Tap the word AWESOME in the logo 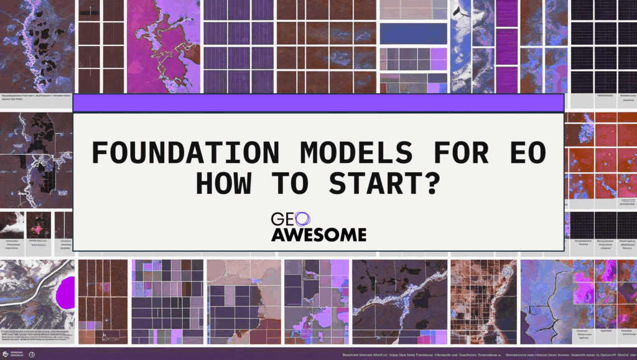tap(318, 234)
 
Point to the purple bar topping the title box tap(318, 103)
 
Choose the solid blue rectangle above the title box tap(413, 34)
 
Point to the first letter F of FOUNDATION tap(98, 153)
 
